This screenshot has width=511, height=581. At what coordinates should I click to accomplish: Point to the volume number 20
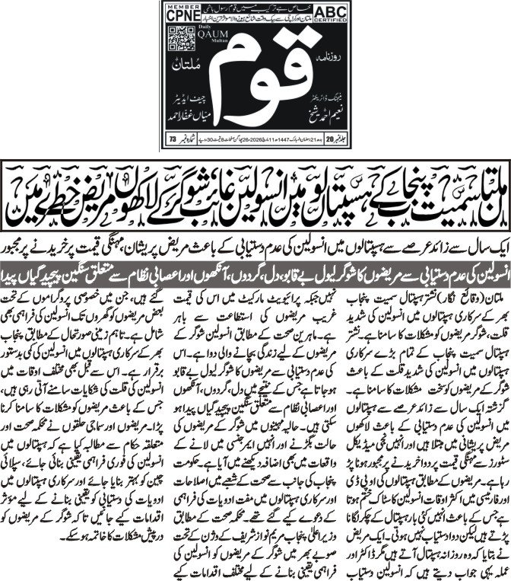(x=179, y=139)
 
